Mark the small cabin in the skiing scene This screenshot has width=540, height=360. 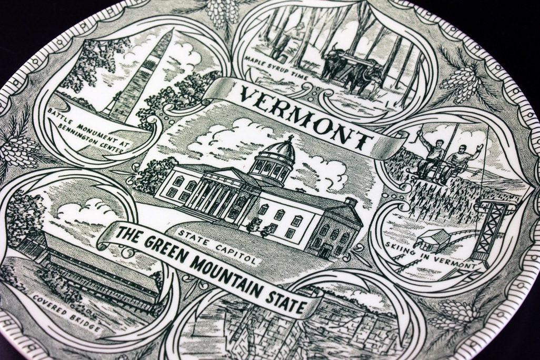[429, 239]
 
